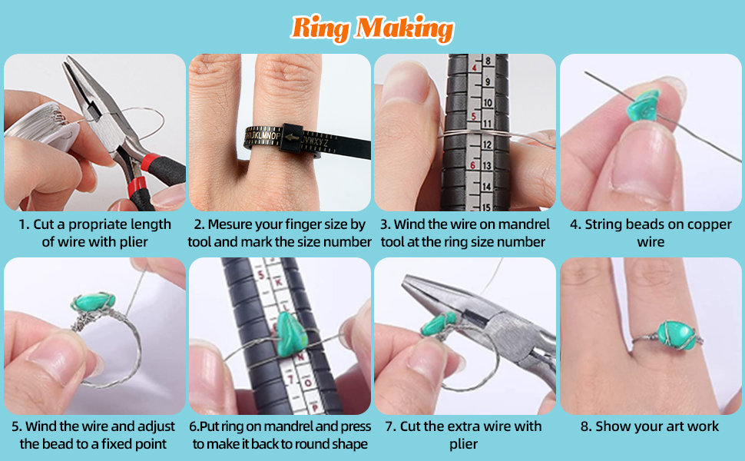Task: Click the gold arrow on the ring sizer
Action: pyautogui.click(x=292, y=138)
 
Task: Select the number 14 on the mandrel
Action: pyautogui.click(x=486, y=186)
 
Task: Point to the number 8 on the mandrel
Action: pyautogui.click(x=488, y=61)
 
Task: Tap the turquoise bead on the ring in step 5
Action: pyautogui.click(x=93, y=302)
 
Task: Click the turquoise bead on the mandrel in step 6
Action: pyautogui.click(x=290, y=334)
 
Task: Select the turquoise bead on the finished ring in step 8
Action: pyautogui.click(x=675, y=335)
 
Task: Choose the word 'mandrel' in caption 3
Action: pyautogui.click(x=523, y=224)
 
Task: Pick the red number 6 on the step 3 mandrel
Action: pyautogui.click(x=473, y=165)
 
